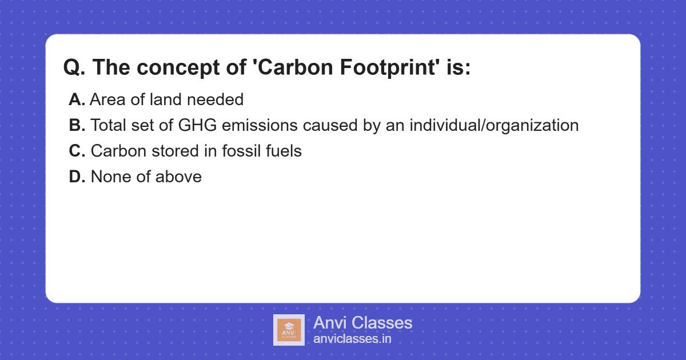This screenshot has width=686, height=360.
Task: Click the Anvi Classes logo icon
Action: click(x=289, y=330)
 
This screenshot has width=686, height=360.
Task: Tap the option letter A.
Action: click(x=77, y=100)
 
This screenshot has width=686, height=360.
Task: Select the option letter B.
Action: click(x=77, y=126)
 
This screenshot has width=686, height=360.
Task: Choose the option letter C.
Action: click(x=77, y=151)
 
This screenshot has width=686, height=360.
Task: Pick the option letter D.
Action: click(x=77, y=177)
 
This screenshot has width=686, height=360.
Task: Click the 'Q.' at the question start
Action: click(x=74, y=68)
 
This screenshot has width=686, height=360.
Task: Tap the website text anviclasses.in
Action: click(x=352, y=339)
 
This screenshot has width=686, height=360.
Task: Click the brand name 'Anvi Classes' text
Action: click(x=362, y=323)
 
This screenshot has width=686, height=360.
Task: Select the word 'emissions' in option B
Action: click(x=254, y=126)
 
